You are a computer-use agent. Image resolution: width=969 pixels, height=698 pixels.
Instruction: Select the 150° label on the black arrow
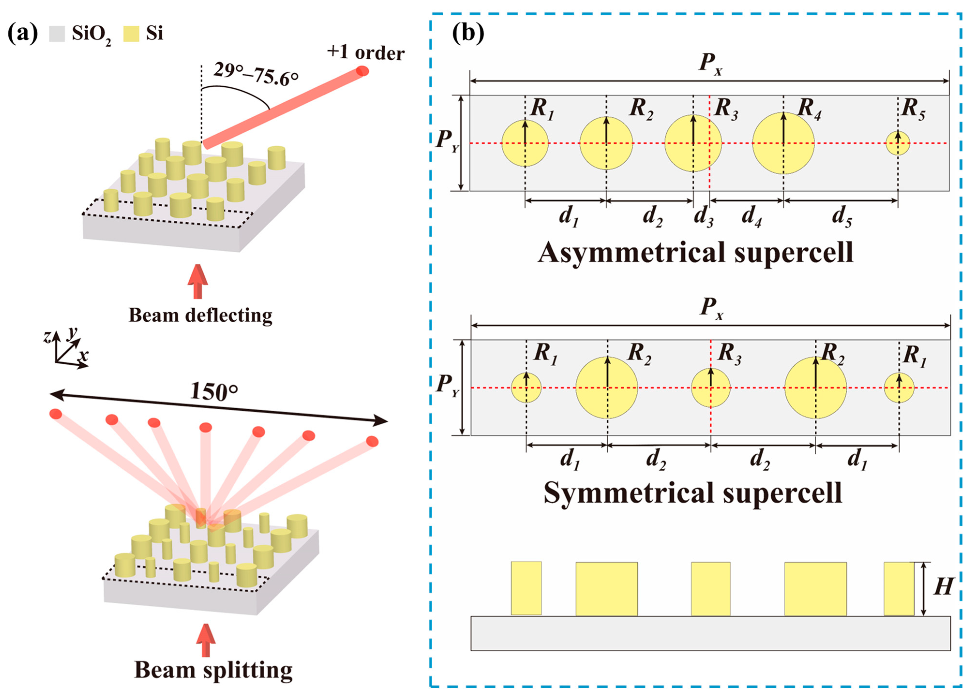[214, 391]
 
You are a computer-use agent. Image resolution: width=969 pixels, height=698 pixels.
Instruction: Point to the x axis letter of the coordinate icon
[84, 354]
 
